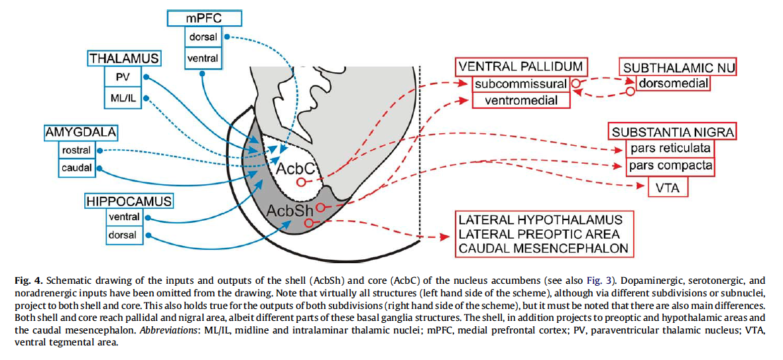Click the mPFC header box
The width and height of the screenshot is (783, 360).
(204, 19)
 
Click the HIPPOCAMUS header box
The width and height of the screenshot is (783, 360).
(129, 202)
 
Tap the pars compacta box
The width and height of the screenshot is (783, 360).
(671, 166)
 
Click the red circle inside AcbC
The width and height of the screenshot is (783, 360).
(300, 182)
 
